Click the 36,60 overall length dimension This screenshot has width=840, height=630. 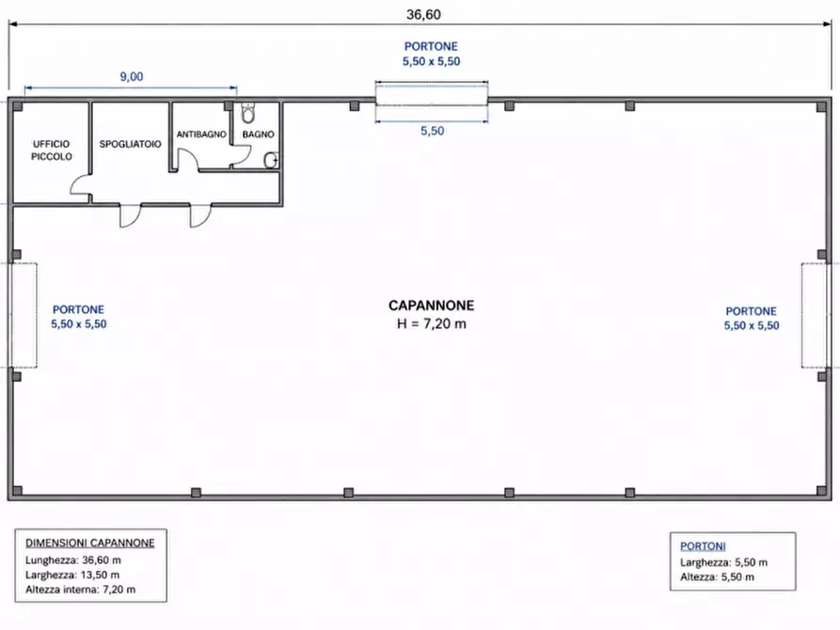(423, 14)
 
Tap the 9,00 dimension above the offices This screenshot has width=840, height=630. (132, 76)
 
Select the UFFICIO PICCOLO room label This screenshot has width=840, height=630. (52, 150)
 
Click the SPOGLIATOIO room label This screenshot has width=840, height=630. (130, 144)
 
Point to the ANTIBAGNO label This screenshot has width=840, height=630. (201, 134)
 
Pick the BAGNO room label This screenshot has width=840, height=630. (259, 134)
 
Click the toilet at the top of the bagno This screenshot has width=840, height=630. (247, 113)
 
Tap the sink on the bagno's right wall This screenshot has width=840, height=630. (271, 160)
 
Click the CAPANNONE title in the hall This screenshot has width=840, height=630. (431, 306)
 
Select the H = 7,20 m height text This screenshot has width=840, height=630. (431, 323)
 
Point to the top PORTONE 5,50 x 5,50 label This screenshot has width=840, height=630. (431, 54)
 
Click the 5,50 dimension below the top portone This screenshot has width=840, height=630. (433, 131)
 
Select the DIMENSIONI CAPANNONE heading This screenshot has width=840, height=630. (90, 543)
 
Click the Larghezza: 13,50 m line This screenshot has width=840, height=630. (72, 575)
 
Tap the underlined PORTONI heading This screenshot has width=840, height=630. (703, 546)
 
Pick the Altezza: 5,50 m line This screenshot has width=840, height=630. (718, 577)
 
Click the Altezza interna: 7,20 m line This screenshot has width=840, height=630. (80, 590)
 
